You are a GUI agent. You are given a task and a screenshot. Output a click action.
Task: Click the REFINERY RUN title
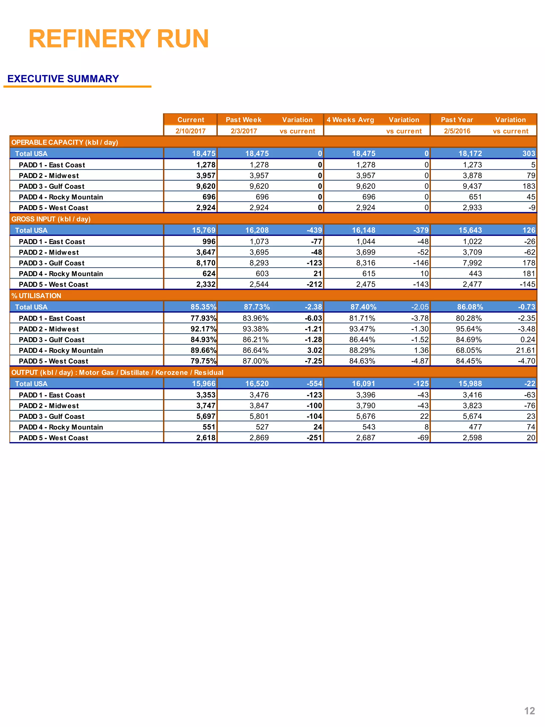(x=119, y=39)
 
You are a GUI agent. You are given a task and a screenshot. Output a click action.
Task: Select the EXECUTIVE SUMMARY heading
(x=63, y=79)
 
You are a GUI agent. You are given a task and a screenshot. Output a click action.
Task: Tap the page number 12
(x=529, y=710)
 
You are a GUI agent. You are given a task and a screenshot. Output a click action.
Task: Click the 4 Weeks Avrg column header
(x=350, y=120)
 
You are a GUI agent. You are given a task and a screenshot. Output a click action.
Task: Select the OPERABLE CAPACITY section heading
(x=65, y=142)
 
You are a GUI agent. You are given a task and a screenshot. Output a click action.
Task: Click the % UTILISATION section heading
(x=36, y=295)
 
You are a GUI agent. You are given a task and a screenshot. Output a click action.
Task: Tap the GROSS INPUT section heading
(x=51, y=219)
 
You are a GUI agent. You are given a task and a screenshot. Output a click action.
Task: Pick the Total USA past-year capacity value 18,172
(x=470, y=154)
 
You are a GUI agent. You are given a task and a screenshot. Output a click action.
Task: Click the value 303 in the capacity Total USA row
(x=529, y=154)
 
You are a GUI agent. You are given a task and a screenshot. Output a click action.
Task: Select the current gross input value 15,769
(x=204, y=230)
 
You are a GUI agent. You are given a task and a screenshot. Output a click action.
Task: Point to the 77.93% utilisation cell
(x=203, y=318)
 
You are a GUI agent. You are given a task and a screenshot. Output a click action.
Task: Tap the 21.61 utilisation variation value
(x=525, y=350)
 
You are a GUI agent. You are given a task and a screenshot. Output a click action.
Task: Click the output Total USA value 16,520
(x=257, y=384)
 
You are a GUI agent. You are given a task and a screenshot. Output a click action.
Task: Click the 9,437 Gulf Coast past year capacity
(x=472, y=186)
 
